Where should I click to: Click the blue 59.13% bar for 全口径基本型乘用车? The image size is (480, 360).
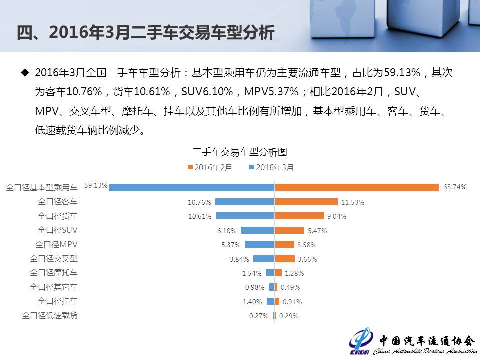pyautogui.click(x=192, y=187)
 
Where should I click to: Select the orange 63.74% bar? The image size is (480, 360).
pyautogui.click(x=357, y=187)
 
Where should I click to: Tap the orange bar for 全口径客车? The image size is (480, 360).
pyautogui.click(x=306, y=202)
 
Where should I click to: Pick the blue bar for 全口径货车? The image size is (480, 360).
pyautogui.click(x=245, y=216)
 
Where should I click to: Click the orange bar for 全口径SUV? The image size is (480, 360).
pyautogui.click(x=289, y=230)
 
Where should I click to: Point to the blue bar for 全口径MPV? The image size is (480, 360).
pyautogui.click(x=259, y=245)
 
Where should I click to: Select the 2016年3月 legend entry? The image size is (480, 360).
pyautogui.click(x=271, y=168)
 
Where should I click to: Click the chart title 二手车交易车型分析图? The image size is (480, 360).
pyautogui.click(x=240, y=152)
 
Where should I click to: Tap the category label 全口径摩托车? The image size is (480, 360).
pyautogui.click(x=54, y=273)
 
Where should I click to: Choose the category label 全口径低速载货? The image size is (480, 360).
pyautogui.click(x=50, y=315)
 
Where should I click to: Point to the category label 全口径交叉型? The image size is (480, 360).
pyautogui.click(x=54, y=259)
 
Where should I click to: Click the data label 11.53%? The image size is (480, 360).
pyautogui.click(x=353, y=202)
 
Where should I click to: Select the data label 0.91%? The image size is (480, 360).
pyautogui.click(x=292, y=302)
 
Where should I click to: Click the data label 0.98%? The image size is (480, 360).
pyautogui.click(x=255, y=287)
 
